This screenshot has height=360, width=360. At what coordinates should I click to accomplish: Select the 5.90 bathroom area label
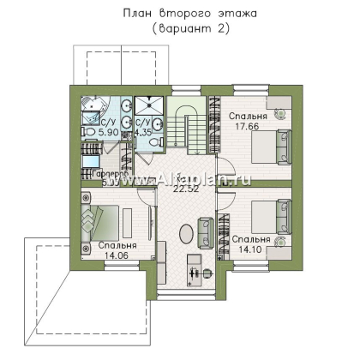tap(91, 133)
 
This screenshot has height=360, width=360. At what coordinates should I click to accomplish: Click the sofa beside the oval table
tap(206, 231)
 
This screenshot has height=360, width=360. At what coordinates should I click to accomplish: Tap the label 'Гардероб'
tap(99, 172)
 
